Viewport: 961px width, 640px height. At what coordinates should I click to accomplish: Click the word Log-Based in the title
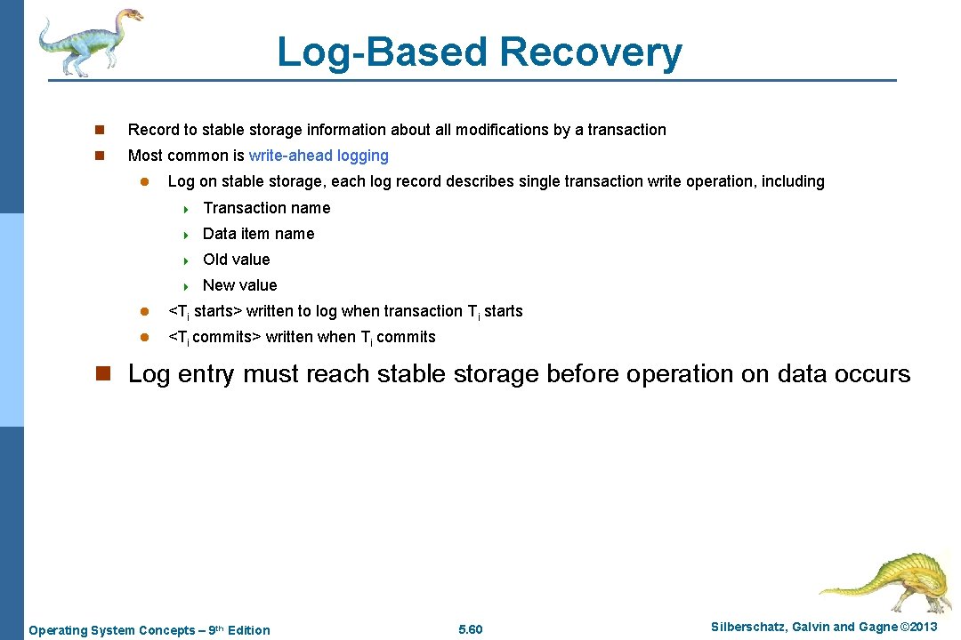pos(383,52)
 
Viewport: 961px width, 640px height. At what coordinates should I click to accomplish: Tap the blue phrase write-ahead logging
pos(319,156)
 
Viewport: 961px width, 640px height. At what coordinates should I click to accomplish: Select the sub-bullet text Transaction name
pos(266,208)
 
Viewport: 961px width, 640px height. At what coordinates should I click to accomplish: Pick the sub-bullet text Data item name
pos(258,234)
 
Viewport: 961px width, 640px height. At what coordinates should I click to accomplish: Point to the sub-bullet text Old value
pos(236,260)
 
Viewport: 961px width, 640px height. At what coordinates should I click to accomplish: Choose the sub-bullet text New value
pos(239,285)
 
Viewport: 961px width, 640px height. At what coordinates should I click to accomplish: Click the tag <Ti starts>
pos(205,311)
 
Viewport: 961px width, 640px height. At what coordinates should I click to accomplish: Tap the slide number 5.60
pos(470,630)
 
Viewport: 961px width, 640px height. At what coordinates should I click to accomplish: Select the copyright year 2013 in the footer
pos(921,628)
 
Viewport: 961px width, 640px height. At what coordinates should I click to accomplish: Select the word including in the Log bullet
pos(793,181)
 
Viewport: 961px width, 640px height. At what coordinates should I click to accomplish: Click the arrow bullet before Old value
pos(187,260)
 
